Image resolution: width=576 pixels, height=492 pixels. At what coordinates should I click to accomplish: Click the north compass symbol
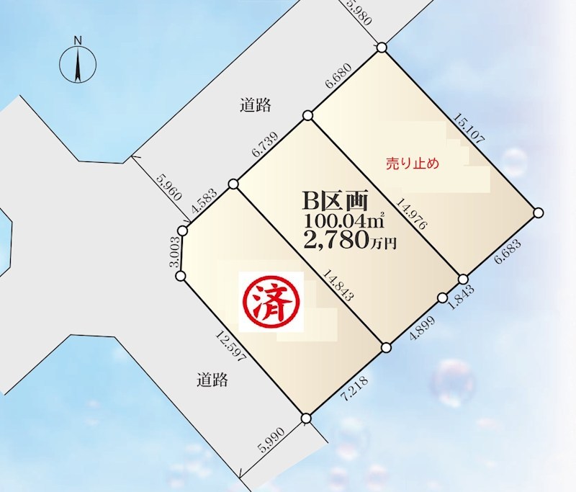[78, 58]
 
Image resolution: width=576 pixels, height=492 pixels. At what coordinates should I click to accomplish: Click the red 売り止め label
[412, 164]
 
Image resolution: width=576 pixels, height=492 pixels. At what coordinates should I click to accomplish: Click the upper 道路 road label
[255, 105]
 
